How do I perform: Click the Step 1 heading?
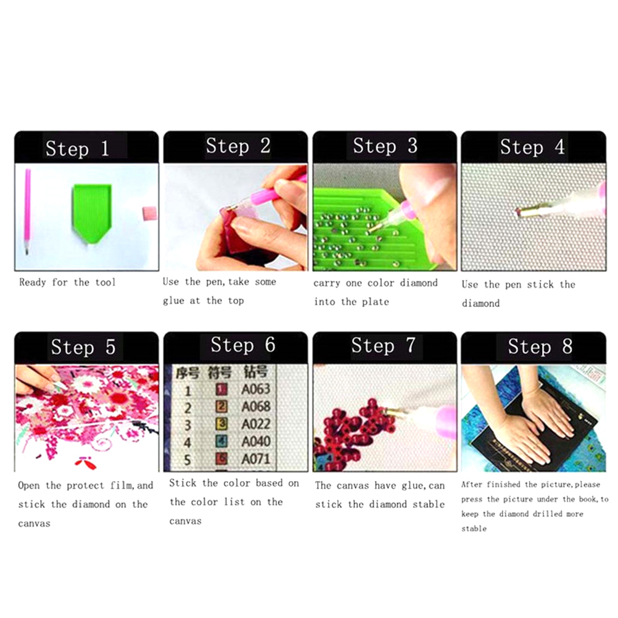(x=77, y=149)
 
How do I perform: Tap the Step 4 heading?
(x=532, y=147)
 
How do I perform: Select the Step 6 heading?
(x=243, y=345)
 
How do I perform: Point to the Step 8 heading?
(x=540, y=347)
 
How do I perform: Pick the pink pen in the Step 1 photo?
(x=27, y=211)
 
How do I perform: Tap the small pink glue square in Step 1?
(x=149, y=213)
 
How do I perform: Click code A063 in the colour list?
(x=256, y=389)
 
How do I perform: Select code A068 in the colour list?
(x=256, y=406)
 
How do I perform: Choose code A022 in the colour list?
(x=256, y=424)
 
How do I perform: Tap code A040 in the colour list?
(x=256, y=442)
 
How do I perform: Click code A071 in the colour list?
(x=256, y=459)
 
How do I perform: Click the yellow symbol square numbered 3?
(x=222, y=424)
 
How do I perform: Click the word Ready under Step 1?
(x=33, y=282)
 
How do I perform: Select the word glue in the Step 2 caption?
(x=173, y=301)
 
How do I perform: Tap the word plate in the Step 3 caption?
(x=376, y=302)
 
